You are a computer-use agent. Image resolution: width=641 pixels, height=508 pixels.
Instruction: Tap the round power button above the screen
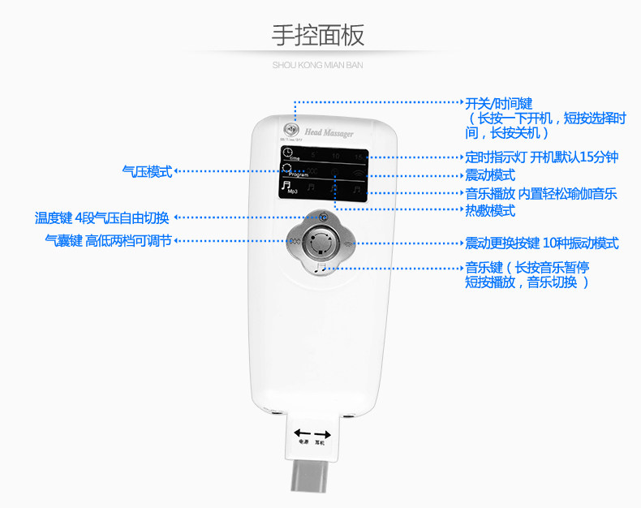click(x=289, y=130)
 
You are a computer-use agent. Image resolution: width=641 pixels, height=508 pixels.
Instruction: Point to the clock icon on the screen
click(x=286, y=153)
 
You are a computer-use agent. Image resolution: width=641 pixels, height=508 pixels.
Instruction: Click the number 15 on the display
click(x=357, y=155)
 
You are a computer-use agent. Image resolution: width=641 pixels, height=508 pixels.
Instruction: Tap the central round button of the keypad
click(x=322, y=241)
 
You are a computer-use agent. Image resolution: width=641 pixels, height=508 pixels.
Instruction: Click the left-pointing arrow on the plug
click(x=302, y=433)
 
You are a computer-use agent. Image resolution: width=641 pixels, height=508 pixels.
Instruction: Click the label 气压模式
click(x=147, y=171)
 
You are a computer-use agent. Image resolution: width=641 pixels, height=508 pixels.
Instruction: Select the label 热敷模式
click(x=490, y=211)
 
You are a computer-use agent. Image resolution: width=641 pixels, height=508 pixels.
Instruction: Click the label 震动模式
click(x=490, y=175)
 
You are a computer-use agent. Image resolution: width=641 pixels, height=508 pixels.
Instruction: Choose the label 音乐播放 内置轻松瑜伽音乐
click(x=540, y=193)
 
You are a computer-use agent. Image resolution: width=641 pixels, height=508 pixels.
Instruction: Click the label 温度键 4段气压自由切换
click(x=101, y=217)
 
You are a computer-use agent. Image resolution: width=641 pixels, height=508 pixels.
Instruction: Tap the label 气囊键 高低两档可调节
click(x=108, y=240)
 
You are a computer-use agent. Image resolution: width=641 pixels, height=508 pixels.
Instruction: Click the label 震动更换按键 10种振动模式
click(x=541, y=243)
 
